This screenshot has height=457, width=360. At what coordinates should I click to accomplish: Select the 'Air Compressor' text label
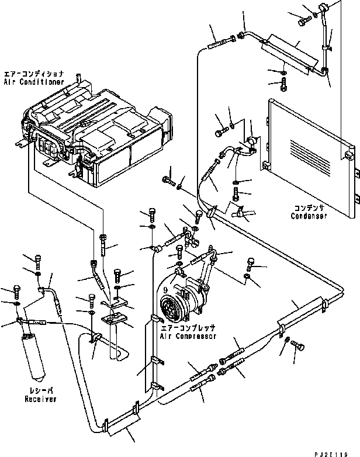(188, 336)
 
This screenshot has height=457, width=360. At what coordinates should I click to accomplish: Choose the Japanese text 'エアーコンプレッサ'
(188, 328)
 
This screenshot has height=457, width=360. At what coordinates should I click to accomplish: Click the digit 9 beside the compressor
(166, 289)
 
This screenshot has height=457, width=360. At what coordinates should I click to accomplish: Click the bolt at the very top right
(302, 22)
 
